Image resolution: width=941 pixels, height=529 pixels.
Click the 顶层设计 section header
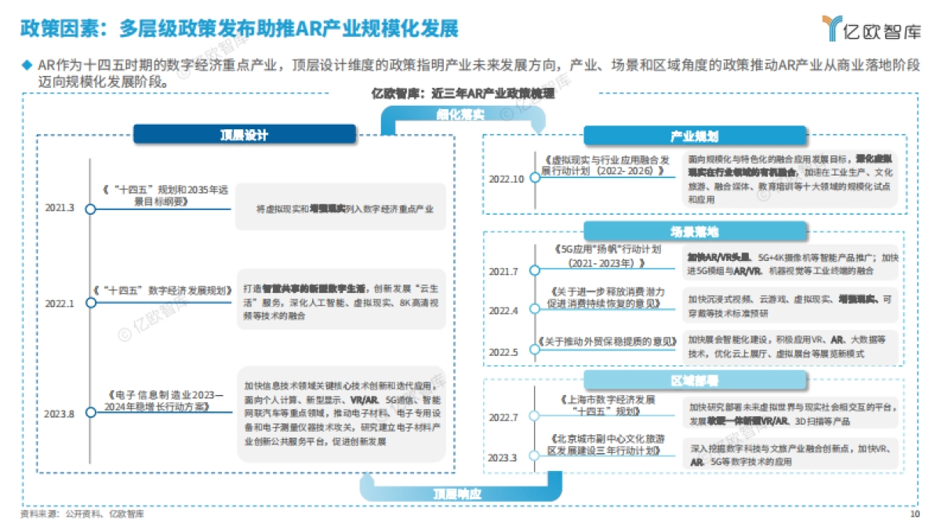coord(244,135)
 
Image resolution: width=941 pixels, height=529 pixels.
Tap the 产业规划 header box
coord(694,136)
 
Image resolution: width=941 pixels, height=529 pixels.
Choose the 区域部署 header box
coord(694,380)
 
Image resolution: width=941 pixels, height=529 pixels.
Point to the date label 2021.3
coord(60,208)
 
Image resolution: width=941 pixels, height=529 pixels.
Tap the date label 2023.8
coord(60,413)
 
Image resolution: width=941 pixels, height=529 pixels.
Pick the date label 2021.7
coord(503,271)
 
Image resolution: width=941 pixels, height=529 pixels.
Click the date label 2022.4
coord(503,310)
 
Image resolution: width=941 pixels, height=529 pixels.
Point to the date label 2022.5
coord(503,352)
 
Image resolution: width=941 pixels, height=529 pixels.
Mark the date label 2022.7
coord(503,417)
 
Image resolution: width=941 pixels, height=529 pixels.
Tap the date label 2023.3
coord(503,457)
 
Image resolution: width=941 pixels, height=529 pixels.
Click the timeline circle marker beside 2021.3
coord(90,209)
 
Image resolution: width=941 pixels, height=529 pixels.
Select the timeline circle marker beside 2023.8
coord(90,413)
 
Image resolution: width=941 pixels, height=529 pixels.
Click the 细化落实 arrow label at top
coord(460,115)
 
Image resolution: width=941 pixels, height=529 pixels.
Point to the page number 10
coord(914,515)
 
